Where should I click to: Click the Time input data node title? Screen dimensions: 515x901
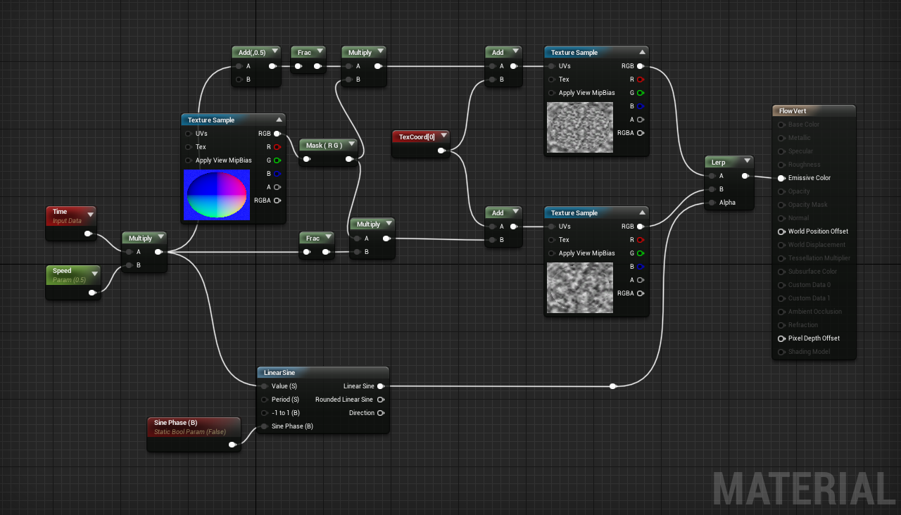(x=61, y=212)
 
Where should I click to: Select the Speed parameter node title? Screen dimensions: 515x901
(x=63, y=271)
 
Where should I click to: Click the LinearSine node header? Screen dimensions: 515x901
(x=280, y=372)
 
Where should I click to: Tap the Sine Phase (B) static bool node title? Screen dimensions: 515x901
(x=175, y=423)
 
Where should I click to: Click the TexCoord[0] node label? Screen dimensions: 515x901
(x=417, y=137)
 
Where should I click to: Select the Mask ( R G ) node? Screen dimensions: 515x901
(x=324, y=146)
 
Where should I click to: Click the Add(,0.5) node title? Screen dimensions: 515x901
(x=251, y=53)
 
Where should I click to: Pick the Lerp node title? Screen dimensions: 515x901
(x=719, y=163)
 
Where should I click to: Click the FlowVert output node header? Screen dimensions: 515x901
(x=793, y=111)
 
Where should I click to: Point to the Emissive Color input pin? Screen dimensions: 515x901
(x=781, y=178)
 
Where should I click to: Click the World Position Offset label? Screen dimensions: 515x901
(x=818, y=231)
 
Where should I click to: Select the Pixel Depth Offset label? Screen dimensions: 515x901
(x=814, y=338)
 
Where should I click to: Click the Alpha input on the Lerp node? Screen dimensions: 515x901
(x=727, y=203)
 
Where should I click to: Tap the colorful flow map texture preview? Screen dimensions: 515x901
(x=215, y=195)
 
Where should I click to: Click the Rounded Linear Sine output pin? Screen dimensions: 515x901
(x=381, y=400)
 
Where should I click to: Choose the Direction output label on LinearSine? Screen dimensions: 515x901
(x=361, y=413)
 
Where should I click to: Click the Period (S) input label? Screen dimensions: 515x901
(x=285, y=400)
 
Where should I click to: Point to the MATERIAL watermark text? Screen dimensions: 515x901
(x=803, y=488)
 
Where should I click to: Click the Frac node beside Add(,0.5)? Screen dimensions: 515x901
(x=304, y=53)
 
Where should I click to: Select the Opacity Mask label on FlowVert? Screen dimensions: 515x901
(x=808, y=205)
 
